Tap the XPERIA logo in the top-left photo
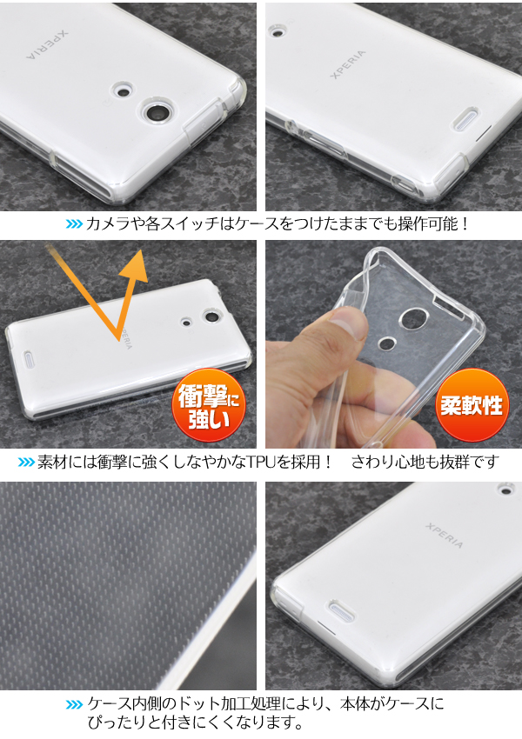coord(47,45)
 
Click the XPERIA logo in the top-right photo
coord(347,63)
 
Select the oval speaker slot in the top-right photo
coord(465,119)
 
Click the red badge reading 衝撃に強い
coord(209,405)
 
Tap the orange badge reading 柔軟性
coord(472,405)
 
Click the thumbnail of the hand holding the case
coord(394,344)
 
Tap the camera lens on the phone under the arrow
coord(212,316)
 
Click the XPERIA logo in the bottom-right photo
coord(445,535)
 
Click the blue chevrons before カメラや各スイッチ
coord(74,223)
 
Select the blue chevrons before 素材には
coord(26,462)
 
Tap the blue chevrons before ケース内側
coord(74,705)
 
